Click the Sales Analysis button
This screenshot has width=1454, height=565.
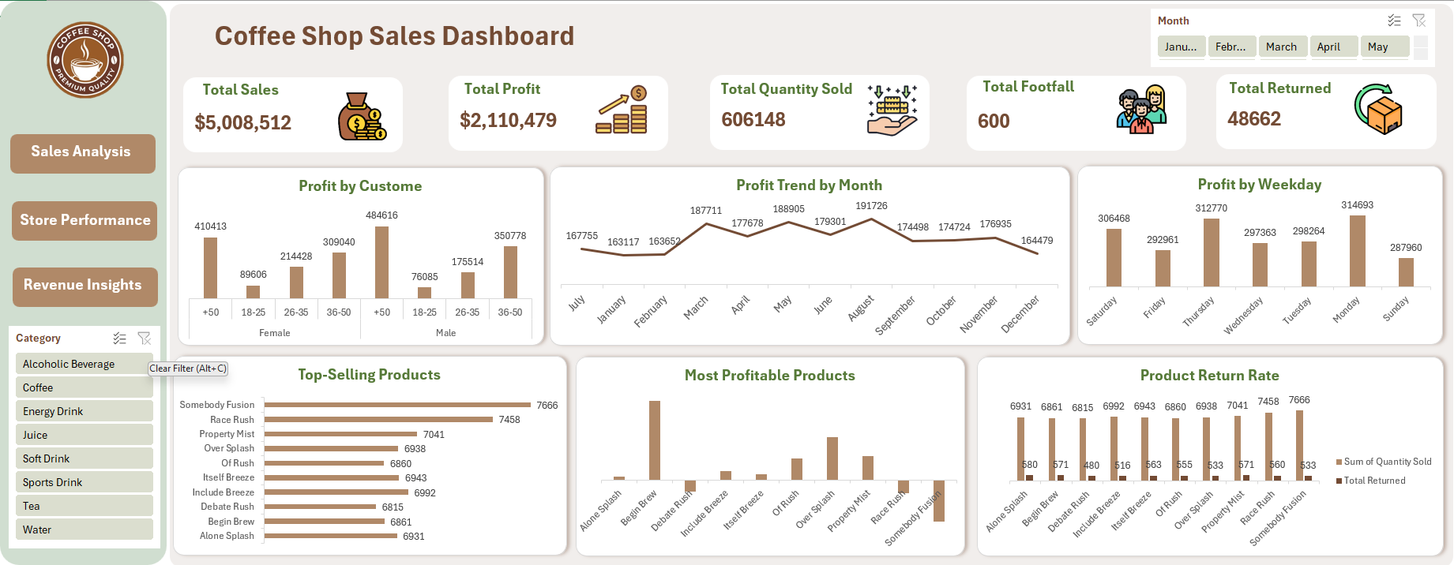(x=82, y=152)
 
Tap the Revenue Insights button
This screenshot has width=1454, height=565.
(x=85, y=286)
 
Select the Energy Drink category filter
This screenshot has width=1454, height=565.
(x=84, y=411)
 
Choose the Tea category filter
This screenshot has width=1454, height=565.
(x=84, y=506)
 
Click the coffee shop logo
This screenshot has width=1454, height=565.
(x=85, y=60)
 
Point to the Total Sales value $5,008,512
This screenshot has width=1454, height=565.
(x=243, y=123)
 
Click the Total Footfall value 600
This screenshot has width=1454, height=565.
(x=994, y=122)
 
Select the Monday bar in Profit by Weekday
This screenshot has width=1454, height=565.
(x=1357, y=250)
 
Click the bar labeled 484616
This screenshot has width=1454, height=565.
(x=381, y=262)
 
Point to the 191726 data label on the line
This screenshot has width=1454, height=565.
(x=871, y=206)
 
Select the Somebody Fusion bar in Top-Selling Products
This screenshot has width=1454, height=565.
(x=397, y=405)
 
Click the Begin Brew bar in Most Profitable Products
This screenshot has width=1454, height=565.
(x=654, y=440)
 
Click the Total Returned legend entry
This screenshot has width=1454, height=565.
(x=1373, y=481)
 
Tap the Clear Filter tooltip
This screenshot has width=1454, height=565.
(x=188, y=369)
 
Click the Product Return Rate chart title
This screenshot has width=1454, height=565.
(x=1208, y=376)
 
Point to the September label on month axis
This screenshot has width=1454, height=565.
(x=896, y=315)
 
